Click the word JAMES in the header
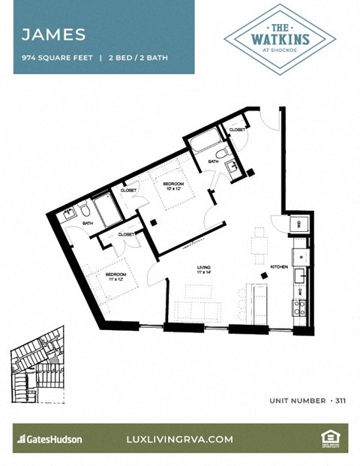(53, 35)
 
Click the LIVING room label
(203, 269)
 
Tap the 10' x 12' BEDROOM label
(174, 185)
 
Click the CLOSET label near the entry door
(237, 130)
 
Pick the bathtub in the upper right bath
(203, 143)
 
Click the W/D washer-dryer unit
(299, 224)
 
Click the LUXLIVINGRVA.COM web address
(181, 439)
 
